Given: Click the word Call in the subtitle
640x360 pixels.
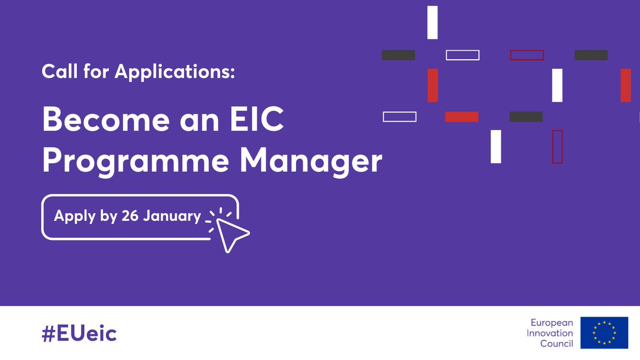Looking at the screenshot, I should [59, 72].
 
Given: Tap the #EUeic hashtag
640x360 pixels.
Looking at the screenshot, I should [79, 334].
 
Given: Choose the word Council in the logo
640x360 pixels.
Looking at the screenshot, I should [557, 344].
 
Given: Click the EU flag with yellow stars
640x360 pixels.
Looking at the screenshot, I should [604, 333].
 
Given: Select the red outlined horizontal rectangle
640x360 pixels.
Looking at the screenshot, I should [527, 55].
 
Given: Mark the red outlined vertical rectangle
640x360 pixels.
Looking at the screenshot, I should [557, 147].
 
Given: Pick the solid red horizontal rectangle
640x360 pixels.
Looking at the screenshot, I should [462, 117].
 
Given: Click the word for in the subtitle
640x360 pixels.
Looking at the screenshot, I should [96, 72].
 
